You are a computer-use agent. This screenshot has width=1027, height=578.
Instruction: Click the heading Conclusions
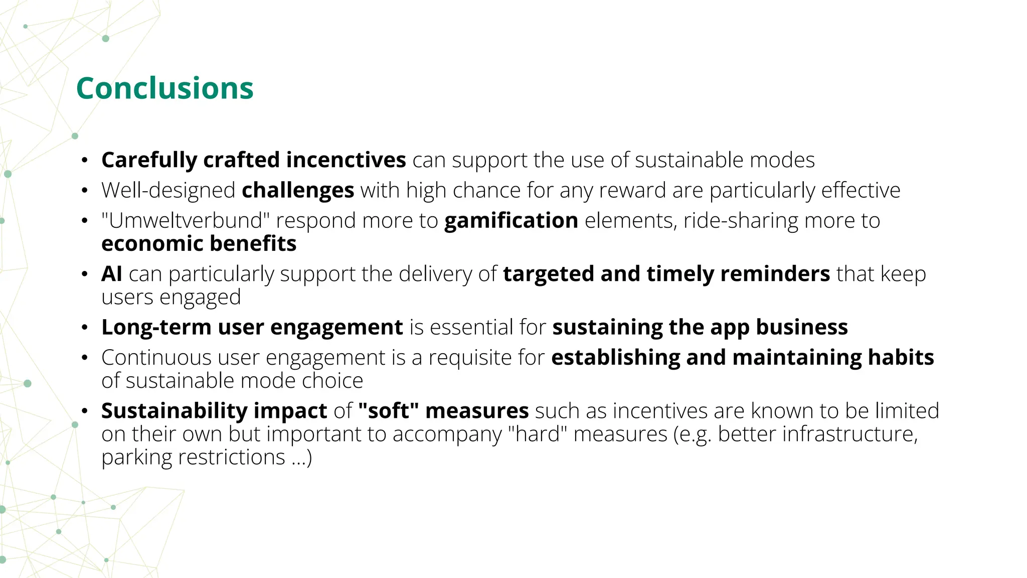click(164, 88)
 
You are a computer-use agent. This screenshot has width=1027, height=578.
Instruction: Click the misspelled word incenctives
click(346, 160)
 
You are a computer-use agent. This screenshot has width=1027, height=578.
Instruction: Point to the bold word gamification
click(511, 221)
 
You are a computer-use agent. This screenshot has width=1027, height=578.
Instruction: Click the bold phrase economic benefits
click(199, 244)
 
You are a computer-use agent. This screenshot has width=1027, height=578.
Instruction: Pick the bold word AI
click(111, 274)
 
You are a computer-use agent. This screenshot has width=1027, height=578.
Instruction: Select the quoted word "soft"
click(388, 411)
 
